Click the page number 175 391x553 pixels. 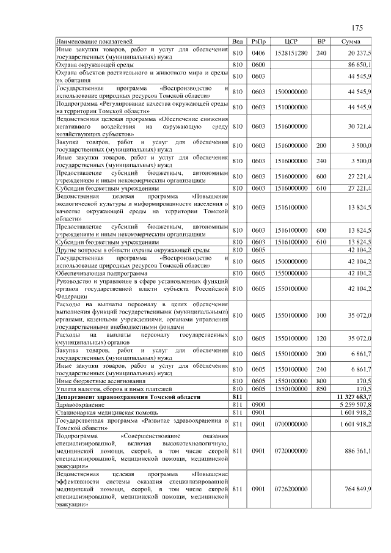click(x=358, y=28)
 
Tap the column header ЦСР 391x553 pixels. click(x=291, y=41)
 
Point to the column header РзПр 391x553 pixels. click(x=258, y=41)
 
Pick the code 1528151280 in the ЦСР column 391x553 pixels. click(x=291, y=53)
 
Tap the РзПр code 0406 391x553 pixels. click(x=258, y=53)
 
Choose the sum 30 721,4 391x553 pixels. click(x=359, y=126)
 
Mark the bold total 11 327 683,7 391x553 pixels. click(x=354, y=397)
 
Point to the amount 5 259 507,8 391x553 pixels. click(x=355, y=405)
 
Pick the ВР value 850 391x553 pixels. click(x=321, y=389)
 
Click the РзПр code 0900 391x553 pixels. click(x=258, y=405)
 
